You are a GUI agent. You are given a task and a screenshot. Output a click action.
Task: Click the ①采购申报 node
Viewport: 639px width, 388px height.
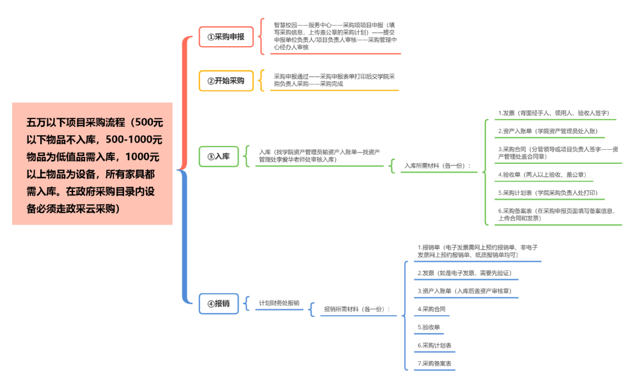(226, 37)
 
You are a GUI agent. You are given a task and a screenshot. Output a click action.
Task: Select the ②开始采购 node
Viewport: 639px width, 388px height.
(226, 81)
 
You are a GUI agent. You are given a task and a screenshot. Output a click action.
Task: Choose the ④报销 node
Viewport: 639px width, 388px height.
(219, 303)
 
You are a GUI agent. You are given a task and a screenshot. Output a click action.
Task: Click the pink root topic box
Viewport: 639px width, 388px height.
(92, 164)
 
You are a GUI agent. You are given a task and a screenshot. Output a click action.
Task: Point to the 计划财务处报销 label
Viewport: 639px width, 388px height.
(279, 303)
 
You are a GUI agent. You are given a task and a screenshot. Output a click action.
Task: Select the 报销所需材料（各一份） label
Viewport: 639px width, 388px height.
(357, 309)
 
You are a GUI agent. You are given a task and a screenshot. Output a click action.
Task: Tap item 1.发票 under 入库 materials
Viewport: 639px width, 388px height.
(553, 113)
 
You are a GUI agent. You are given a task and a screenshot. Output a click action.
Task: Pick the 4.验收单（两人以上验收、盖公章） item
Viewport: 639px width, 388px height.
(542, 174)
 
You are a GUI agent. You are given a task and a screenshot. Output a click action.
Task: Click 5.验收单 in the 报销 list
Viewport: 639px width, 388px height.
(429, 327)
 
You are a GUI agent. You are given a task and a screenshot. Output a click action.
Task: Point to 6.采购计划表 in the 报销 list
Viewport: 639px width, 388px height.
(435, 346)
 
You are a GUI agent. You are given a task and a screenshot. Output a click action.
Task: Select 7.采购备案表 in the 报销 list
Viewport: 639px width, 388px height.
(435, 364)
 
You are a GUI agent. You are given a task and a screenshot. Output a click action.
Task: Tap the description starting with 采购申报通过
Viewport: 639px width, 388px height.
(334, 80)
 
